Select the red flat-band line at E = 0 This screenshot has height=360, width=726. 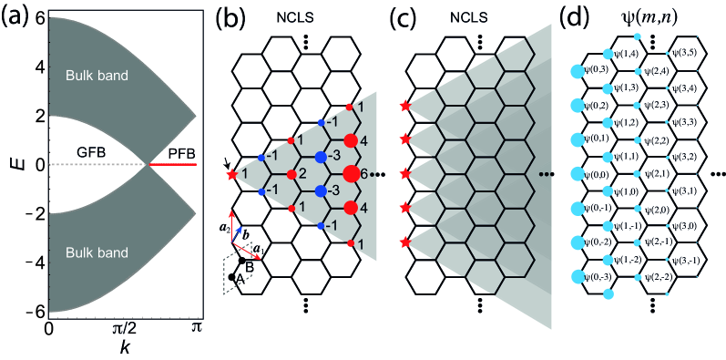(173, 165)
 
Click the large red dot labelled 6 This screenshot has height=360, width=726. (351, 173)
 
